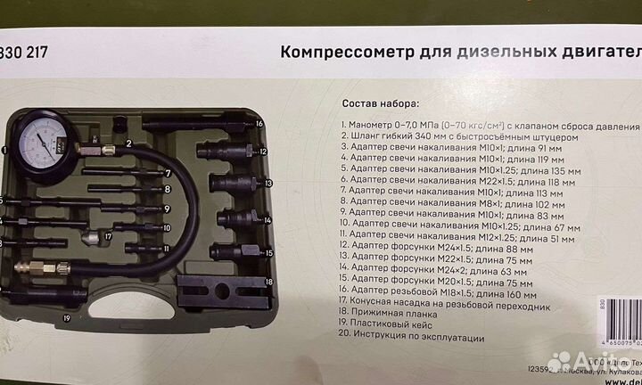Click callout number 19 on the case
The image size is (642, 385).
(x=65, y=316)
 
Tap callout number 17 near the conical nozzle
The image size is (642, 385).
(x=107, y=237)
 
